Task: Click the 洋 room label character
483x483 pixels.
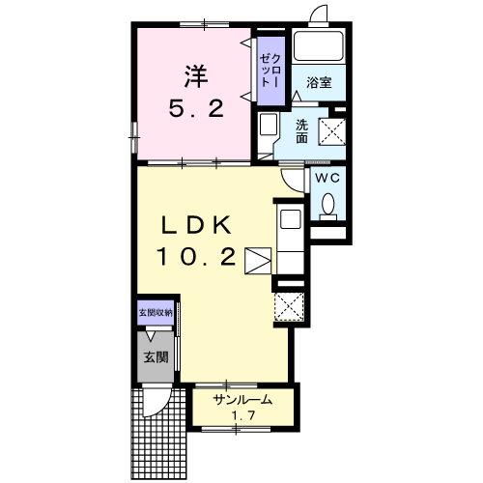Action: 196,76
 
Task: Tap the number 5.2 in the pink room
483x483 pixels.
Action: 196,108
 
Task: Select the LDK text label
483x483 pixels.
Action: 196,225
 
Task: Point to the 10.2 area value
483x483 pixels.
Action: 196,257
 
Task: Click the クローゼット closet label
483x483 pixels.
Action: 270,71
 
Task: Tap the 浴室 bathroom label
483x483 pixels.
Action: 319,82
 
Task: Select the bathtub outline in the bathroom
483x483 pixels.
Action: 319,45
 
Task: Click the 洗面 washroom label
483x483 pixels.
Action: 301,131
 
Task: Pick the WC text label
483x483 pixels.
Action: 327,178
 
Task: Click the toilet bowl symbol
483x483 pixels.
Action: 327,204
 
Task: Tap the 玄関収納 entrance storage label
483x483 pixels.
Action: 156,312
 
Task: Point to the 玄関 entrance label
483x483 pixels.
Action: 156,357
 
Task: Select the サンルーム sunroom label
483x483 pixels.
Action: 242,400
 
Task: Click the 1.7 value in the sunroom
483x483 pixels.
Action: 243,415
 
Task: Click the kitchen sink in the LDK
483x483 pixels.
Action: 291,219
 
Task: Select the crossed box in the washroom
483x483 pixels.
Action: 332,131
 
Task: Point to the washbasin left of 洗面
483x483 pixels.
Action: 269,125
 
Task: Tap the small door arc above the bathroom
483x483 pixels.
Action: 318,14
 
